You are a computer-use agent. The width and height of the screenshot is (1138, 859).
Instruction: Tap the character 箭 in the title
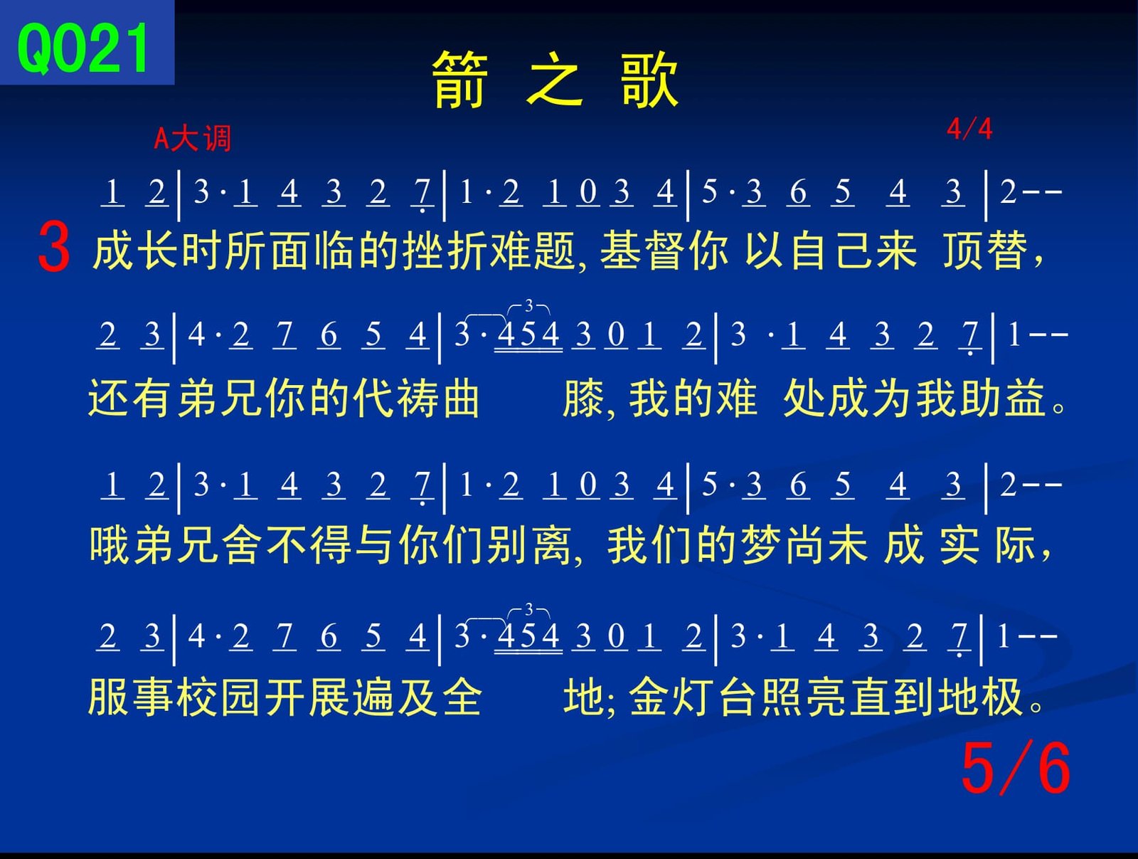coord(460,80)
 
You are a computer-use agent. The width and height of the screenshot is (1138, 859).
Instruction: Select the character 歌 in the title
coord(649,80)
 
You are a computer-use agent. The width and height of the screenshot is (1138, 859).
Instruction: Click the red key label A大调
coord(192,139)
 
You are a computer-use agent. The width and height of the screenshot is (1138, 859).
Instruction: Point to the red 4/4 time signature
coord(969,129)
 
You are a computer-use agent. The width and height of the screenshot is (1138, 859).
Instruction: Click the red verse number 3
coord(54,246)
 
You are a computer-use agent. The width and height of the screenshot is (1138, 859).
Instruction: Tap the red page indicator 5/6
coord(1016,768)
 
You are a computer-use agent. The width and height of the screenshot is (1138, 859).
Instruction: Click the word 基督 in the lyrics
coord(642,251)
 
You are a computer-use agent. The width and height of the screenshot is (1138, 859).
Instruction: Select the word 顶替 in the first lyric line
coord(985,251)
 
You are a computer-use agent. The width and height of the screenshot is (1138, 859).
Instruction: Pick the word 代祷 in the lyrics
coord(396,399)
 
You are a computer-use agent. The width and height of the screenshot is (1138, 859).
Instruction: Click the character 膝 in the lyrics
coord(583,399)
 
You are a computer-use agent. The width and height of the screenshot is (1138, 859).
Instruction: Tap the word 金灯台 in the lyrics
coord(693,697)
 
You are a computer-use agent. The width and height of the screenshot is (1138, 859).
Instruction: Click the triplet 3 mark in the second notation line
coord(528,305)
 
